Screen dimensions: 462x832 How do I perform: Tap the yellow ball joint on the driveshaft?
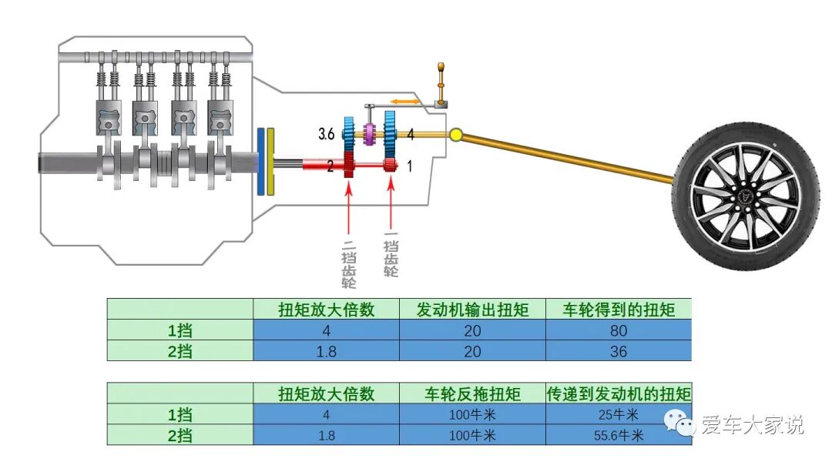455,136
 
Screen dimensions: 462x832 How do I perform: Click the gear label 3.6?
326,134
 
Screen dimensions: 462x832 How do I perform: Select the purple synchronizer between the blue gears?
371,135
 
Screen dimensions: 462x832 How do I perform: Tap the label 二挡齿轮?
349,262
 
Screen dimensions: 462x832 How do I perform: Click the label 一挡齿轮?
391,257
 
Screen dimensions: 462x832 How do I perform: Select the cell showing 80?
619,331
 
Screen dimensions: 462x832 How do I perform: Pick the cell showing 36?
619,351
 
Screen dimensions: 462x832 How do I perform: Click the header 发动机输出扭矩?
472,310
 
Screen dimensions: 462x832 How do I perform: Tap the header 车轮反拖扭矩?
472,394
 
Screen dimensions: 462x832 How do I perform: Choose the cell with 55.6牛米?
619,435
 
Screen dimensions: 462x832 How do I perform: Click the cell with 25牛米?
619,415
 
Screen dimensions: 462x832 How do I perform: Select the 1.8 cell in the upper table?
326,351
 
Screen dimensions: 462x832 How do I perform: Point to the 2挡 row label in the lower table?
180,435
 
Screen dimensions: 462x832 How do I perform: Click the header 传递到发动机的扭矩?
619,394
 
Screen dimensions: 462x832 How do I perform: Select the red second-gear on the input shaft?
349,165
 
